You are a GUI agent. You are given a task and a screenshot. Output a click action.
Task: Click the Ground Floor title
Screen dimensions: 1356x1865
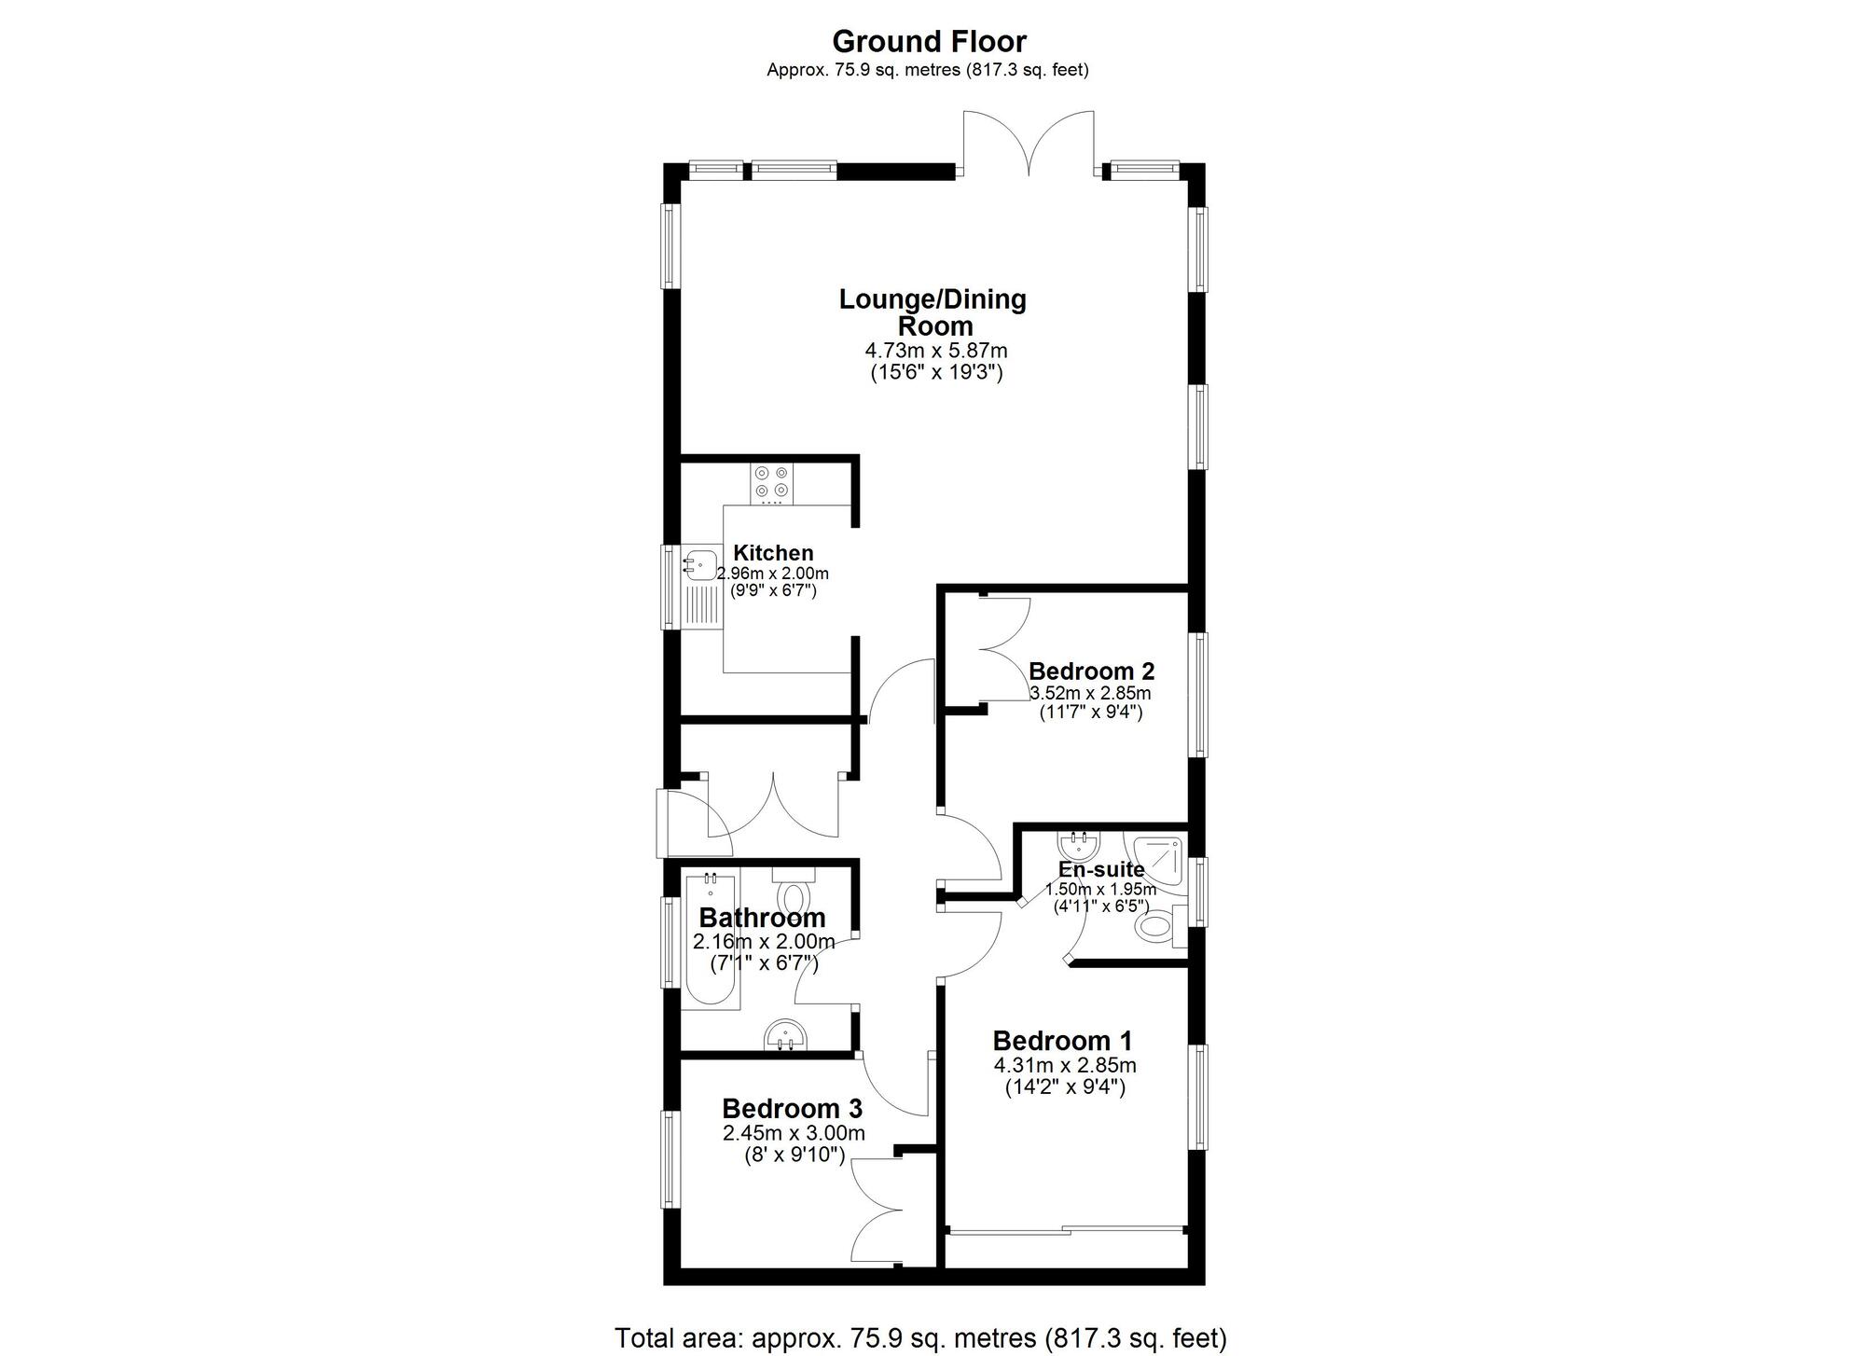(x=929, y=42)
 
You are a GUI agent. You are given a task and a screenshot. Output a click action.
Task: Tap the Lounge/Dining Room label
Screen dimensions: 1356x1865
(x=932, y=312)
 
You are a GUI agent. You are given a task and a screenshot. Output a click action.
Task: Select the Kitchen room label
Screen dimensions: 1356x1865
(x=773, y=553)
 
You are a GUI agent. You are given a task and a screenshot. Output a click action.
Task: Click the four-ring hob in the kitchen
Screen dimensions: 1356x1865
(x=772, y=482)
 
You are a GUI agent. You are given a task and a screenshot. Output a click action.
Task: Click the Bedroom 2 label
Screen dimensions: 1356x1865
(x=1091, y=671)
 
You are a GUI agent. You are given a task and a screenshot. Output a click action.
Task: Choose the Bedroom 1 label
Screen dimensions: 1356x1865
(x=1062, y=1041)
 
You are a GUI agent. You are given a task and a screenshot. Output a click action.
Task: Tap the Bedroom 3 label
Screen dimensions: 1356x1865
(x=792, y=1109)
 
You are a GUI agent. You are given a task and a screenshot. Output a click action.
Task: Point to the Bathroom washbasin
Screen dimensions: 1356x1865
(x=786, y=1035)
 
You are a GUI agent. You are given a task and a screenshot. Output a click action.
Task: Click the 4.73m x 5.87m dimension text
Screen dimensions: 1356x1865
(x=936, y=352)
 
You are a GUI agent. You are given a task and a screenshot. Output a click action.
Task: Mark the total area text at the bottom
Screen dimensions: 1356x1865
(x=920, y=1338)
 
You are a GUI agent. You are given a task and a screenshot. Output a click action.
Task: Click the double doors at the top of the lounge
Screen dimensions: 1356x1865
(x=1029, y=145)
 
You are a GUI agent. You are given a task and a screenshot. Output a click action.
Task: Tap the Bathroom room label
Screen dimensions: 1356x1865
(x=762, y=918)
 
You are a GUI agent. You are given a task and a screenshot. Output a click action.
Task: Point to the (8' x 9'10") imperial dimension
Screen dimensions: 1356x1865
(x=794, y=1155)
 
